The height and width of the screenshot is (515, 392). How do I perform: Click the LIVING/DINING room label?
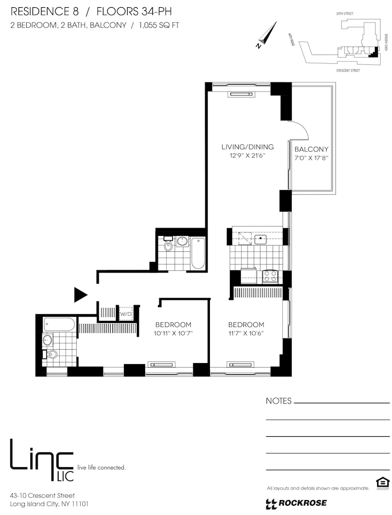tap(244, 147)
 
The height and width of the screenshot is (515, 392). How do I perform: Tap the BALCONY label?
tap(311, 150)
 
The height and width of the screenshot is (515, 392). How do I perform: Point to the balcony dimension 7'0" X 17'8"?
tap(311, 159)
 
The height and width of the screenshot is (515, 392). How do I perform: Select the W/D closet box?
tap(126, 313)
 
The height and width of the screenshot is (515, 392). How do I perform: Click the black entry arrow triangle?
tap(80, 295)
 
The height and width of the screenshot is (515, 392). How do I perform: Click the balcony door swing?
tap(299, 129)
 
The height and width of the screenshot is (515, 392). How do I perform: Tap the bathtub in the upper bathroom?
tap(198, 253)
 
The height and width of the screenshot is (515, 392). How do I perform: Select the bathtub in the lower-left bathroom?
tap(59, 324)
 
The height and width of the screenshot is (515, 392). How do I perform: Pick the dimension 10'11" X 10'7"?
tap(173, 333)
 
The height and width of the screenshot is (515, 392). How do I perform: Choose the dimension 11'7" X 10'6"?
tap(246, 333)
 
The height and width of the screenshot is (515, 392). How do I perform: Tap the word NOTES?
tap(278, 401)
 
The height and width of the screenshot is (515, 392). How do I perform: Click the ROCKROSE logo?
tap(296, 503)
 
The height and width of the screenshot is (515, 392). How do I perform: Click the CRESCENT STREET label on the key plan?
tap(348, 71)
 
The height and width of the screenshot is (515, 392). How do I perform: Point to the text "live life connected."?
tap(101, 468)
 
